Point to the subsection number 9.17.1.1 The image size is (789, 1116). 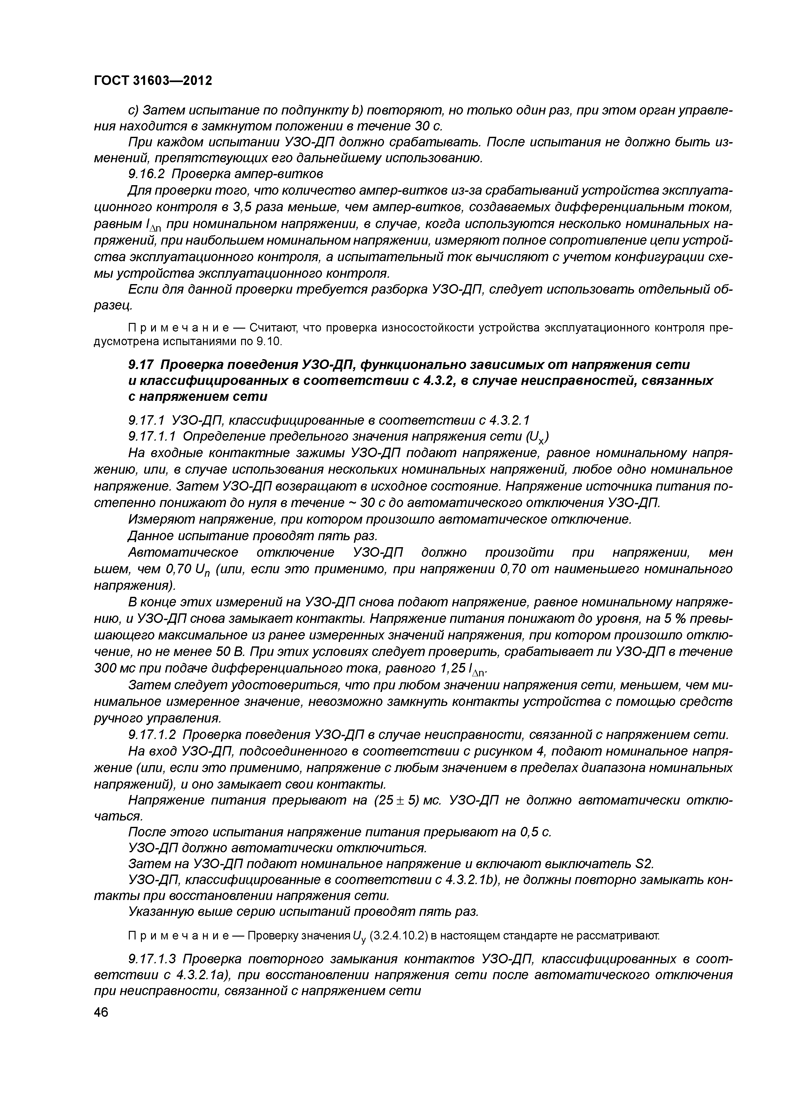155,436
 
